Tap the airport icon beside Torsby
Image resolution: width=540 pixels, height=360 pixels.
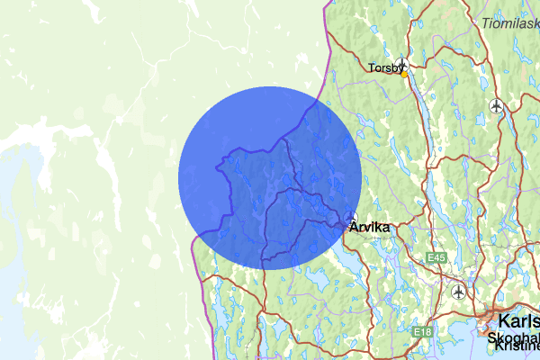pyautogui.click(x=403, y=65)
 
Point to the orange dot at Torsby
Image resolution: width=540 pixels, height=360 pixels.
pyautogui.click(x=404, y=75)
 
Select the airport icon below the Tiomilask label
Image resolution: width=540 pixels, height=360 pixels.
pyautogui.click(x=496, y=106)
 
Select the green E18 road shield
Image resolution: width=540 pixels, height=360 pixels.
pyautogui.click(x=423, y=333)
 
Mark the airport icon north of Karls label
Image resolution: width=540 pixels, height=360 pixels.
pyautogui.click(x=459, y=292)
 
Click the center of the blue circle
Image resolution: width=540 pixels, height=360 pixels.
pyautogui.click(x=270, y=177)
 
